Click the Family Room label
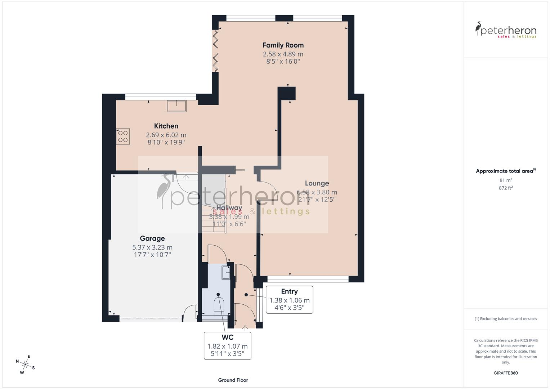point(283,45)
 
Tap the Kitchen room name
point(166,126)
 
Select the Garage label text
point(152,238)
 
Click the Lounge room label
point(317,183)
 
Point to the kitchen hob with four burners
point(123,137)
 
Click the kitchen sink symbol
point(176,106)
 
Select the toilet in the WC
point(219,306)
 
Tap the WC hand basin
point(226,273)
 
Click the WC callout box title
point(227,337)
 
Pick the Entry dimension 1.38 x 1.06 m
point(289,300)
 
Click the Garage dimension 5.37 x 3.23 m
point(152,247)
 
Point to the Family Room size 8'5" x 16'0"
point(283,62)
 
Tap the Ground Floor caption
point(233,380)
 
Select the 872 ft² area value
point(506,188)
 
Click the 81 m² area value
point(506,180)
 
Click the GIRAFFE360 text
point(506,373)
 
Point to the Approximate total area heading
point(505,171)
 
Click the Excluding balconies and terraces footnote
point(506,319)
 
